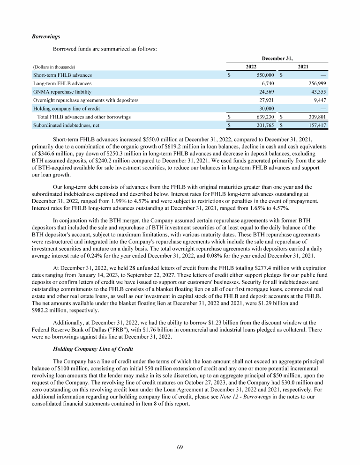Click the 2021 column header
[302, 67]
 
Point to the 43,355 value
[318, 92]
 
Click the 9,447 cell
[319, 100]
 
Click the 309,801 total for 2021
[316, 117]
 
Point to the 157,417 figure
[316, 125]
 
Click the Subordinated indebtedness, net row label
[66, 125]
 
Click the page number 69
[180, 447]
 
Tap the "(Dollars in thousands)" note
[54, 67]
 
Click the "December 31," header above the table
[277, 58]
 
